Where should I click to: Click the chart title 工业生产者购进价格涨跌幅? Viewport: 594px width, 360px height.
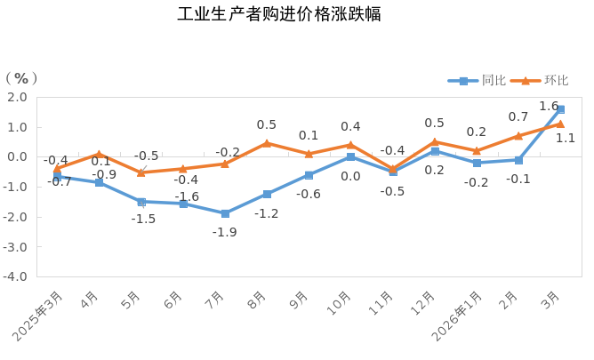279,15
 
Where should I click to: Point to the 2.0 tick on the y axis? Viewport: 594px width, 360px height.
17,97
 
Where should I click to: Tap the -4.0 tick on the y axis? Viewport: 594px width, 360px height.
15,276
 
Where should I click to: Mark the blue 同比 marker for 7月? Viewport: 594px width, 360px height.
225,213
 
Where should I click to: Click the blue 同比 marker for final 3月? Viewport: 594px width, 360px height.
560,109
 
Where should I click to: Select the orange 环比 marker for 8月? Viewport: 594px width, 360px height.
267,142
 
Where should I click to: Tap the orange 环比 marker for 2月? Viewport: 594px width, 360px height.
518,136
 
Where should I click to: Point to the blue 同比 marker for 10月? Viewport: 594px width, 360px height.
350,157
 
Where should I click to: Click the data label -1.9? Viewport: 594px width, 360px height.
224,232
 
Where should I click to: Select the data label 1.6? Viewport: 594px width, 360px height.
548,106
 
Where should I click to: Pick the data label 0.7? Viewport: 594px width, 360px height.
518,116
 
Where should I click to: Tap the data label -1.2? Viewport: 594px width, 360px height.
267,213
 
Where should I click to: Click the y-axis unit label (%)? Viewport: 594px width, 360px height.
23,79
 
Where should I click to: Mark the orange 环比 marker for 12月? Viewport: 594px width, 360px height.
435,141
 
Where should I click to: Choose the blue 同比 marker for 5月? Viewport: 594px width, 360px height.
141,202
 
